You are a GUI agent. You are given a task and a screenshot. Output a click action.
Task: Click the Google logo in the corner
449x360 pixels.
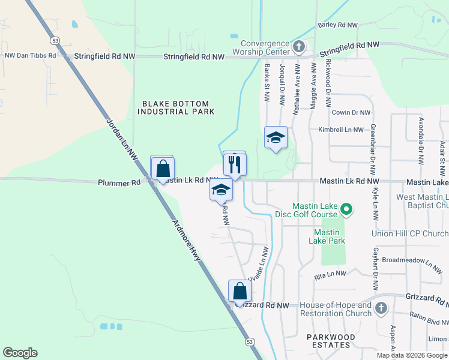[x=20, y=353]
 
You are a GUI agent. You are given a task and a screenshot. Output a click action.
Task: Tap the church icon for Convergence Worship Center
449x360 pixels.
[x=299, y=46]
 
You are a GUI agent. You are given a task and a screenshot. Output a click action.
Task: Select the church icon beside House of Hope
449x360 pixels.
[x=381, y=309]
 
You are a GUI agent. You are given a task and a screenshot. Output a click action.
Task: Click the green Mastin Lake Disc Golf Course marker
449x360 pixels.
[x=346, y=209]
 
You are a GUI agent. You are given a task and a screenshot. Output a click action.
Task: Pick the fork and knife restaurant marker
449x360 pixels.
[x=235, y=164]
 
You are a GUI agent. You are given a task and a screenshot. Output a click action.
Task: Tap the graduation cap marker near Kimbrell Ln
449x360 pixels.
[x=276, y=138]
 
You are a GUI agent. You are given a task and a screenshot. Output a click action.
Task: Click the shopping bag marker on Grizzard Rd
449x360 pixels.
[x=240, y=292]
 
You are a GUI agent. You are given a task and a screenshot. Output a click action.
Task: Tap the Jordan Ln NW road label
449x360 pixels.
[x=122, y=137]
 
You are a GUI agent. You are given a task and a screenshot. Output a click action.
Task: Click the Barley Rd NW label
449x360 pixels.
[x=337, y=25]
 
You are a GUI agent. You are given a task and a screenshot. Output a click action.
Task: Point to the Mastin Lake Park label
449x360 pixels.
[x=327, y=236]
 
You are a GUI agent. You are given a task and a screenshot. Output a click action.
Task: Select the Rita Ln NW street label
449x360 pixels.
[x=331, y=274]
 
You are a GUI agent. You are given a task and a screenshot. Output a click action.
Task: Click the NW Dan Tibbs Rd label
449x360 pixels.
[x=30, y=55]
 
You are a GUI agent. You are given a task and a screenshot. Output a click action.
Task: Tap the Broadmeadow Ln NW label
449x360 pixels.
[x=412, y=262]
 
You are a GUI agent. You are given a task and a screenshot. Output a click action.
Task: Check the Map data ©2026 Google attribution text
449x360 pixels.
[x=412, y=355]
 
